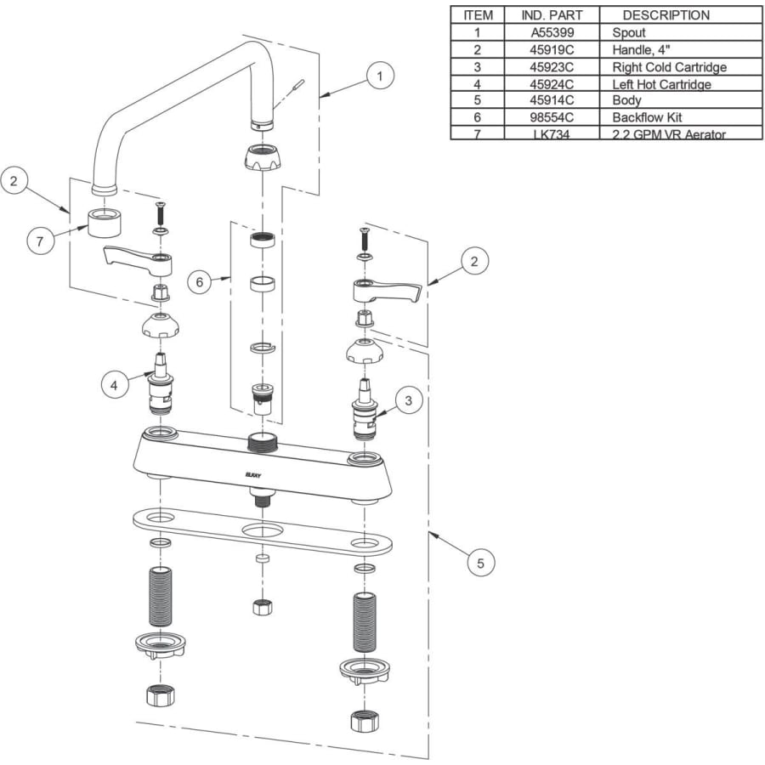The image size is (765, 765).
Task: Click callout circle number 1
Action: (380, 76)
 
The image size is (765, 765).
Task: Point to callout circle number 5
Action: (480, 562)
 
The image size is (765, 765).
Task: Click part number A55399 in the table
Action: (552, 32)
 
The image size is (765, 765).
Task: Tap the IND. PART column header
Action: (552, 15)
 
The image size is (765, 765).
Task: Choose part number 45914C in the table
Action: (552, 100)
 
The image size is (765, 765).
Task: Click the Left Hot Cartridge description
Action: (661, 84)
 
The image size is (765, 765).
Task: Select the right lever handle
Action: (387, 292)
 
